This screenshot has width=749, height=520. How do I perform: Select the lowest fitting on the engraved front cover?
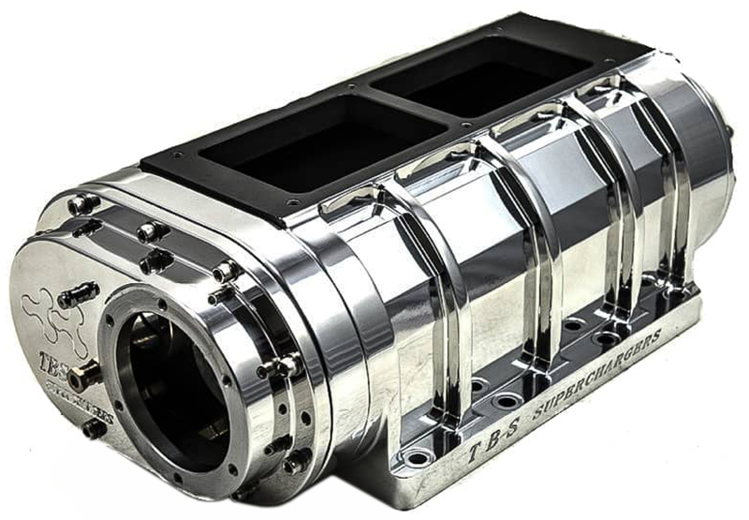[x=95, y=429]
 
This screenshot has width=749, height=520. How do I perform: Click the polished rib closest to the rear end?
[x=675, y=197]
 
